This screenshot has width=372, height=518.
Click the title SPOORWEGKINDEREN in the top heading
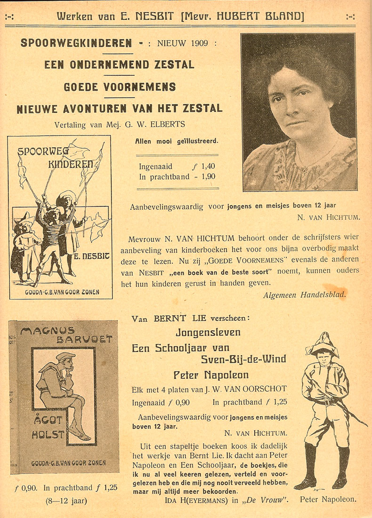click(x=76, y=43)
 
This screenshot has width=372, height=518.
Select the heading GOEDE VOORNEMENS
click(x=120, y=87)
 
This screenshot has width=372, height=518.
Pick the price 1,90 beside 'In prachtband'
click(x=207, y=176)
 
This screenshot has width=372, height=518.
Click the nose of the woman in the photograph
click(x=290, y=108)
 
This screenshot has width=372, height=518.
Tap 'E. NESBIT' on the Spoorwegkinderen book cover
click(x=92, y=257)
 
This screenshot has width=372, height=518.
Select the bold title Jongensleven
click(x=208, y=333)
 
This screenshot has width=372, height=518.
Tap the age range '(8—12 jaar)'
click(x=66, y=500)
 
